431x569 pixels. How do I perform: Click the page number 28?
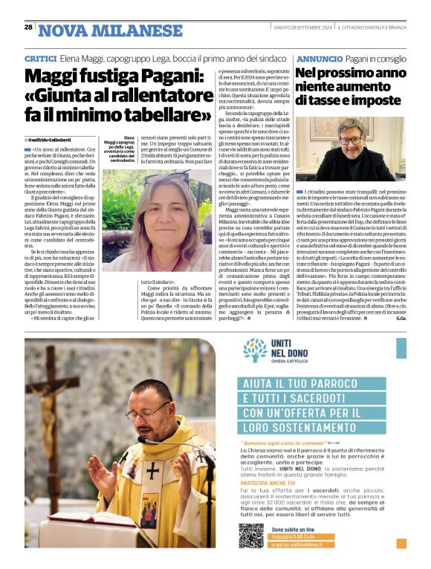click(28, 27)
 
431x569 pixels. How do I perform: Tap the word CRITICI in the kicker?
click(41, 58)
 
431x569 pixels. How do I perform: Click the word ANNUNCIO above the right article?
click(317, 58)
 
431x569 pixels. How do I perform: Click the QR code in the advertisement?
click(250, 536)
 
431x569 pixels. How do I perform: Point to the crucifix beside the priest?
click(59, 401)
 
